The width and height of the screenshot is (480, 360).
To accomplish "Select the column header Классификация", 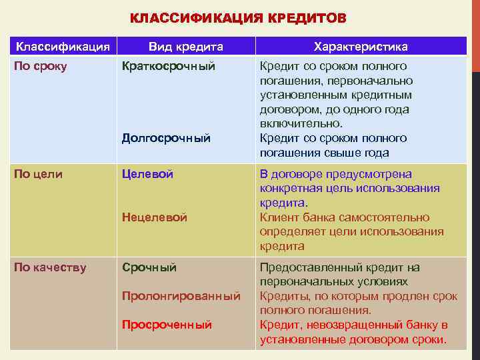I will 63,47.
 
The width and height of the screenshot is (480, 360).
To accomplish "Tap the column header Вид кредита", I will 185,47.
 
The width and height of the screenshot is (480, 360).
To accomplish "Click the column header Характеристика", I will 361,47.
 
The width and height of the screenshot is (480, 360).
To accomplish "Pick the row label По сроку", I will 41,67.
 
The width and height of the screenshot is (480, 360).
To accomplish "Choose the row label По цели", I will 39,174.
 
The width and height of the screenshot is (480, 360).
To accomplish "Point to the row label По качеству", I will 51,268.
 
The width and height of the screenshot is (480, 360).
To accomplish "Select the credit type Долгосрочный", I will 166,139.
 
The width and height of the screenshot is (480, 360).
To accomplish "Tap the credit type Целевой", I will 147,174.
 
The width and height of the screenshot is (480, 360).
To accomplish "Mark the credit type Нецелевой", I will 155,217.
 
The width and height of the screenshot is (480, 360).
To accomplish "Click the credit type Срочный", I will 149,268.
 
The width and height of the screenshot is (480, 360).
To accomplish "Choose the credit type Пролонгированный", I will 181,296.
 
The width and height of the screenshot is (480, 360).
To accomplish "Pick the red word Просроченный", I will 167,325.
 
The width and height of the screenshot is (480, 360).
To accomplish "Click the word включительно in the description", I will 301,124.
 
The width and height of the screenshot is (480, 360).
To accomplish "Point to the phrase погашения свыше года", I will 324,153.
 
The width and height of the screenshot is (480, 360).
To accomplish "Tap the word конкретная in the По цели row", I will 291,189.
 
